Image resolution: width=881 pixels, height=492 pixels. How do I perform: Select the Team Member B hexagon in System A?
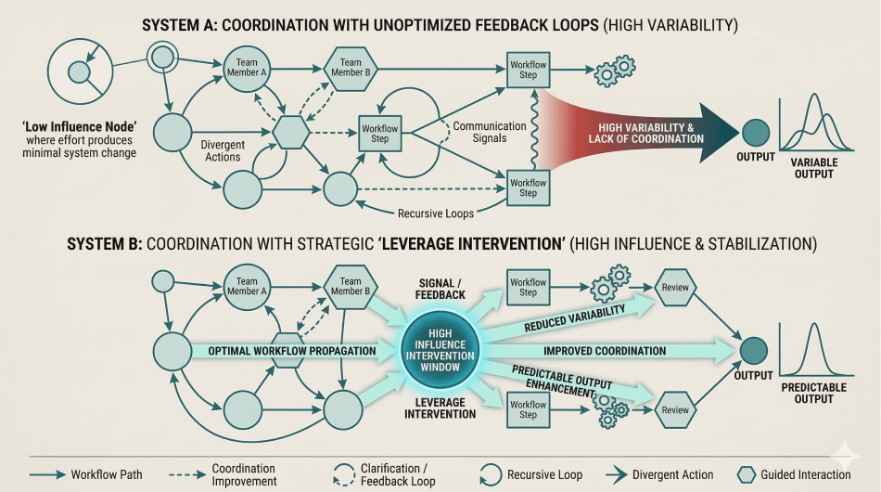click(x=350, y=68)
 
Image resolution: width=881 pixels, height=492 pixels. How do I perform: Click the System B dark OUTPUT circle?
click(x=755, y=350)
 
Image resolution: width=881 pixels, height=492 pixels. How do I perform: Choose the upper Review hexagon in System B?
click(x=675, y=287)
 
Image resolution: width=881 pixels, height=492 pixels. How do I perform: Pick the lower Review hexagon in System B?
click(x=675, y=409)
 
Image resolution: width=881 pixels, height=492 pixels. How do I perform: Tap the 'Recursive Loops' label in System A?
click(x=436, y=214)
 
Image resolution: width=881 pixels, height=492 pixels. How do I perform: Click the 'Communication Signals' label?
click(x=480, y=132)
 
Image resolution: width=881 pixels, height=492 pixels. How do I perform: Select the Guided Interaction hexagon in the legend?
click(x=747, y=473)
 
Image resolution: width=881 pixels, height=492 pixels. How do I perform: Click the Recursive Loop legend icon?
click(x=489, y=473)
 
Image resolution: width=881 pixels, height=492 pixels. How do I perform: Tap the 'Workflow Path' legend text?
click(x=108, y=474)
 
